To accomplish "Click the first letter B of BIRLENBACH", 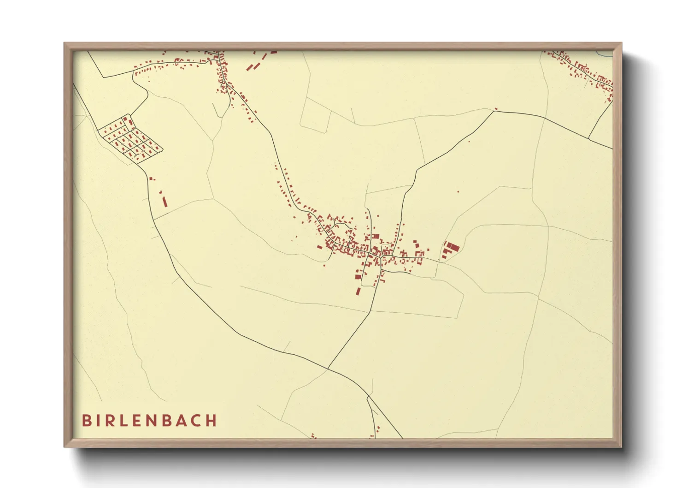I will [86, 421].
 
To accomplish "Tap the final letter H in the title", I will [212, 421].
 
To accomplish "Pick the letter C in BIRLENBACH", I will [197, 421].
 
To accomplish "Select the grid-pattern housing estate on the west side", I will [130, 139].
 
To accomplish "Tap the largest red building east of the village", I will [453, 248].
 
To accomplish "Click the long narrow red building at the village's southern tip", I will [358, 291].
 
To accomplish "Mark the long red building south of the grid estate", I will [165, 202].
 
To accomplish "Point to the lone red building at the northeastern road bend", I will [496, 109].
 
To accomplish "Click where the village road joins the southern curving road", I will [328, 368].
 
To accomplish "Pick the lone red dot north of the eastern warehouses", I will [458, 191].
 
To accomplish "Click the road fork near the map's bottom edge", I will [368, 396].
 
